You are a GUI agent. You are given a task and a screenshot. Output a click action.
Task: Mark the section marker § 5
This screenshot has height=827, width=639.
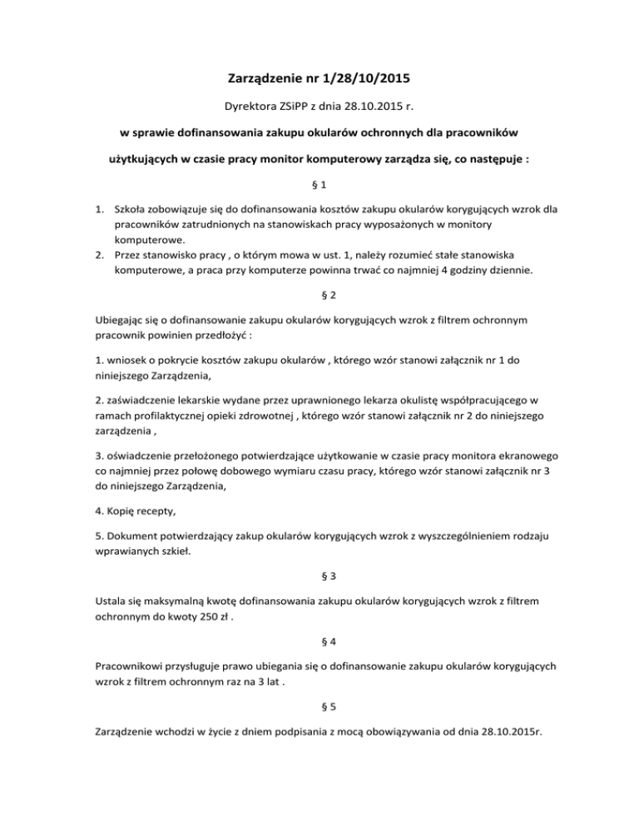click(319, 713)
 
